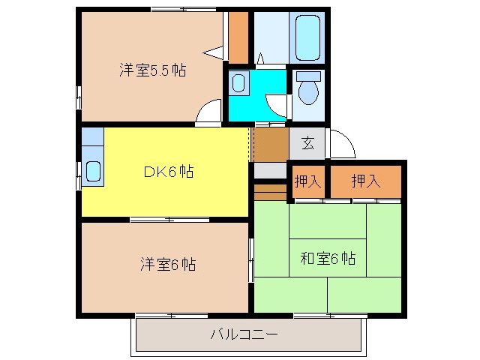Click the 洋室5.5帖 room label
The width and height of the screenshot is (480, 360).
click(152, 71)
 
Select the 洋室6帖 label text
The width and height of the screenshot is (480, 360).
click(168, 264)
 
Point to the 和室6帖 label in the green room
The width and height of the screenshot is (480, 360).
click(327, 259)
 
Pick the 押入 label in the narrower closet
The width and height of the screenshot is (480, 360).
click(307, 181)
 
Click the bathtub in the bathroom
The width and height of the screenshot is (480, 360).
click(307, 36)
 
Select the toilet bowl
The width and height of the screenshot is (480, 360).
click(307, 91)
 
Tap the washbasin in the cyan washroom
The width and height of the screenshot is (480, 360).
click(238, 82)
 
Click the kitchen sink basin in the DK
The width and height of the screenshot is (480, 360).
click(93, 171)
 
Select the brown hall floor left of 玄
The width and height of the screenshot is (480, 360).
click(270, 145)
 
